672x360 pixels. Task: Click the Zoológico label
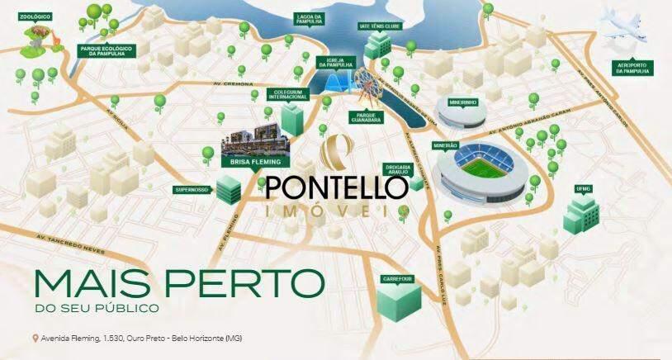(x=38, y=17)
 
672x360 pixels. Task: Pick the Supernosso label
(x=192, y=189)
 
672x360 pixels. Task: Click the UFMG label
(x=584, y=189)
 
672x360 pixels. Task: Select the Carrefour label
(x=397, y=278)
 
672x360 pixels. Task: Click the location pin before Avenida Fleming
(x=34, y=339)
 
